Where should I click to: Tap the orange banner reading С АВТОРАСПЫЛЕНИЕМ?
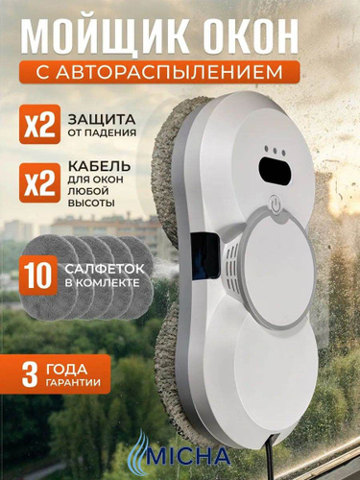tap(159, 72)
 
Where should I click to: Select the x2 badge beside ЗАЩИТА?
tap(39, 124)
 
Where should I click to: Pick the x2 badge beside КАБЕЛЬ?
tap(39, 182)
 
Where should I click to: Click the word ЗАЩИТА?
tap(102, 120)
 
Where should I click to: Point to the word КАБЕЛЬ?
tap(99, 166)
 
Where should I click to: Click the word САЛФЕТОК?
tap(105, 269)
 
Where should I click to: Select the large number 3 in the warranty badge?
tap(30, 374)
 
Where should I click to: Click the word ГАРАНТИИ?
tap(73, 382)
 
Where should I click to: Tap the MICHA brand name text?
tap(188, 455)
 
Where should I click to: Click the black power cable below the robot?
tap(268, 457)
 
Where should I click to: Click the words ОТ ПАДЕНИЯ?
tap(102, 132)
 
